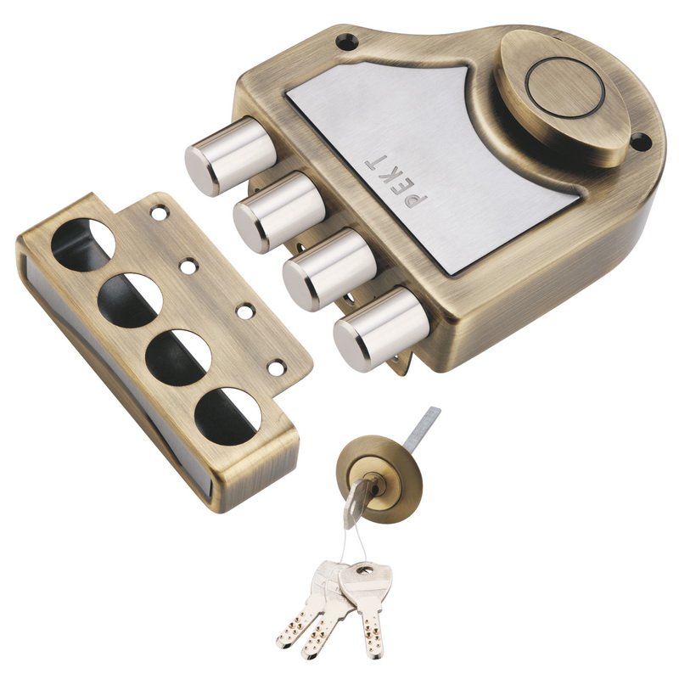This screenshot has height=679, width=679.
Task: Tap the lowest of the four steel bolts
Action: click(373, 329)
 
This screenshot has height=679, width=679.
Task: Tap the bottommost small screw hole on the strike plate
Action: click(277, 368)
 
